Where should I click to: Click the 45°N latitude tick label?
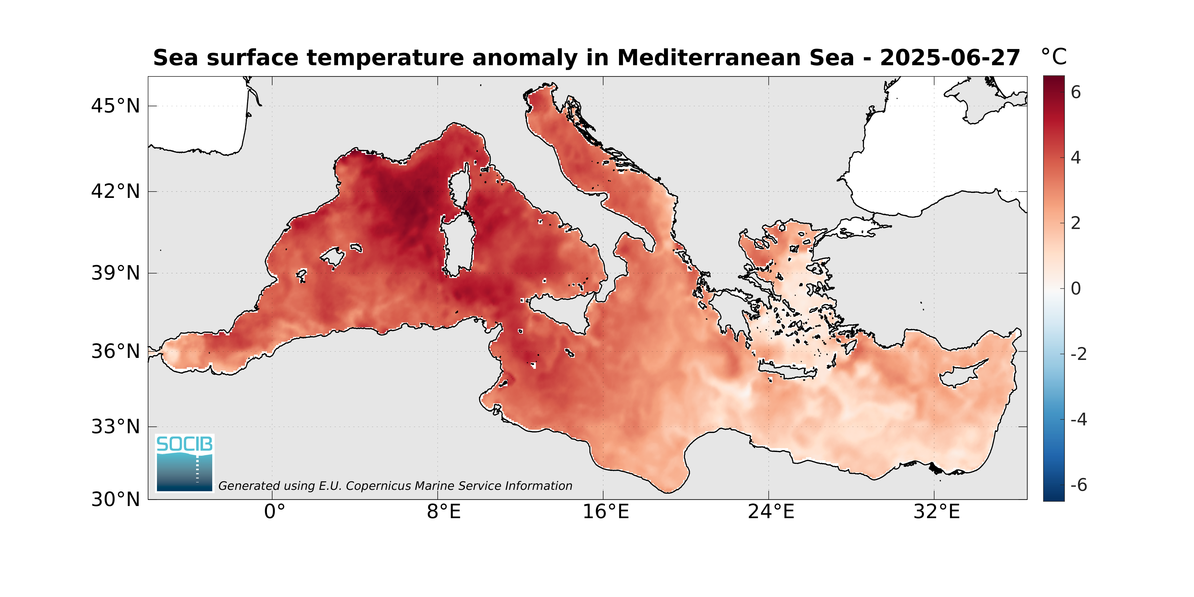click(116, 106)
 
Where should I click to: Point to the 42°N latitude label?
click(116, 191)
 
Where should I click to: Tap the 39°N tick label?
click(116, 273)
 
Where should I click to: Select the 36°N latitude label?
click(116, 351)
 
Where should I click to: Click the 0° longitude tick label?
click(274, 512)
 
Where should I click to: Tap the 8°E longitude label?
click(444, 512)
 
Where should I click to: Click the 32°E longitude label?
click(936, 512)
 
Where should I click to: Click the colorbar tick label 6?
click(1076, 93)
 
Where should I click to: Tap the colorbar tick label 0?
click(1076, 289)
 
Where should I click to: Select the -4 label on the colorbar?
click(1078, 420)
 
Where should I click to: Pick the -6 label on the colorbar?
click(1078, 485)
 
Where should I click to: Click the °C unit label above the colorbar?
click(1053, 57)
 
